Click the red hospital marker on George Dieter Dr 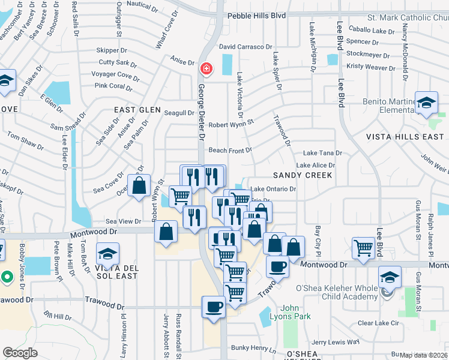[206, 69]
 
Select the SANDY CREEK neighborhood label [303, 175]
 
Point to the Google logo [20, 353]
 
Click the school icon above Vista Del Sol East [108, 254]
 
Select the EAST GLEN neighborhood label [138, 110]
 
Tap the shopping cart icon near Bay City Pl [364, 248]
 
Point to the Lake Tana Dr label [322, 154]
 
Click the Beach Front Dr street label [230, 150]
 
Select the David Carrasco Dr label [246, 47]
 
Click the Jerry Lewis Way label [336, 342]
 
